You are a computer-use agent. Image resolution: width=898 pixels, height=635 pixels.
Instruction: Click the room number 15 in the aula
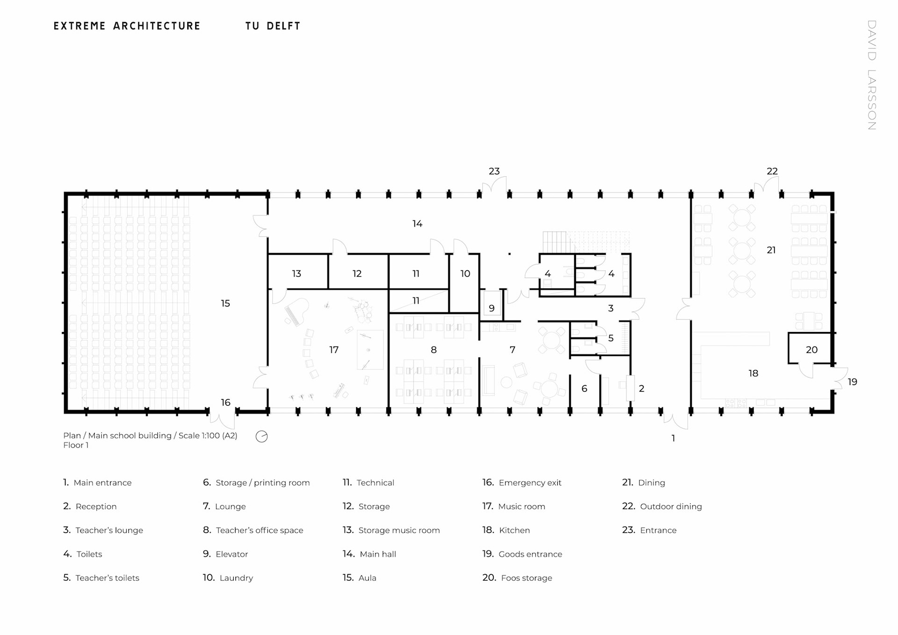(225, 303)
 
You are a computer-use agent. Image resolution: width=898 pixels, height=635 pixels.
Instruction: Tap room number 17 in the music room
(333, 350)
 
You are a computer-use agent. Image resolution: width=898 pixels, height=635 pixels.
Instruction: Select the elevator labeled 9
(492, 308)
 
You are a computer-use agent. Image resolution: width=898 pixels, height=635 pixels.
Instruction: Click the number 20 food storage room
(811, 350)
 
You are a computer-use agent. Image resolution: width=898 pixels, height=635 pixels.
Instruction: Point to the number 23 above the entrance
(494, 172)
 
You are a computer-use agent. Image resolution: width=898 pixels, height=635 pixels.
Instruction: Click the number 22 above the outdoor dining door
(772, 172)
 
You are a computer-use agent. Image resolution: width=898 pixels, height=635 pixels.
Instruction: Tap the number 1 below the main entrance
(673, 439)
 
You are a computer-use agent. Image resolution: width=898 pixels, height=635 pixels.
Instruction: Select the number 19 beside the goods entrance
(852, 382)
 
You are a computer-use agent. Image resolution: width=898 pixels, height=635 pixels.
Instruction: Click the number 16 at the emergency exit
(225, 403)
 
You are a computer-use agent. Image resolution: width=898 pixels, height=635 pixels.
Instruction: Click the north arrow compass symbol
(261, 437)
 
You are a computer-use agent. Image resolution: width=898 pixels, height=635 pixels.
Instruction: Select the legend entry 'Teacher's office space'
(259, 530)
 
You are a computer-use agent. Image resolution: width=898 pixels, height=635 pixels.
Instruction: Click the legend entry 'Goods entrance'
(530, 554)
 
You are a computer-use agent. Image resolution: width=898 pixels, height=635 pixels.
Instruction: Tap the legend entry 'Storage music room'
(398, 530)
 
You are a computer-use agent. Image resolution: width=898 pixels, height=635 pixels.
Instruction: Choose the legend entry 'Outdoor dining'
(670, 506)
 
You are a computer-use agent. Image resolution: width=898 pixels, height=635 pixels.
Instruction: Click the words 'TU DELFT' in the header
(273, 26)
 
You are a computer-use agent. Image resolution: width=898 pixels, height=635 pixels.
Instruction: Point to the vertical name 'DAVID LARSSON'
(871, 75)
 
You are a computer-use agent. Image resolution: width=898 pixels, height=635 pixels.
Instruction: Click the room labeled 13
(297, 274)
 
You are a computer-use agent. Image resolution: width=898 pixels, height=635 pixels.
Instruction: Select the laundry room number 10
(465, 274)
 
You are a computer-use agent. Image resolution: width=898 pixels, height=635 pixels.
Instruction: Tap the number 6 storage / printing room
(584, 389)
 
